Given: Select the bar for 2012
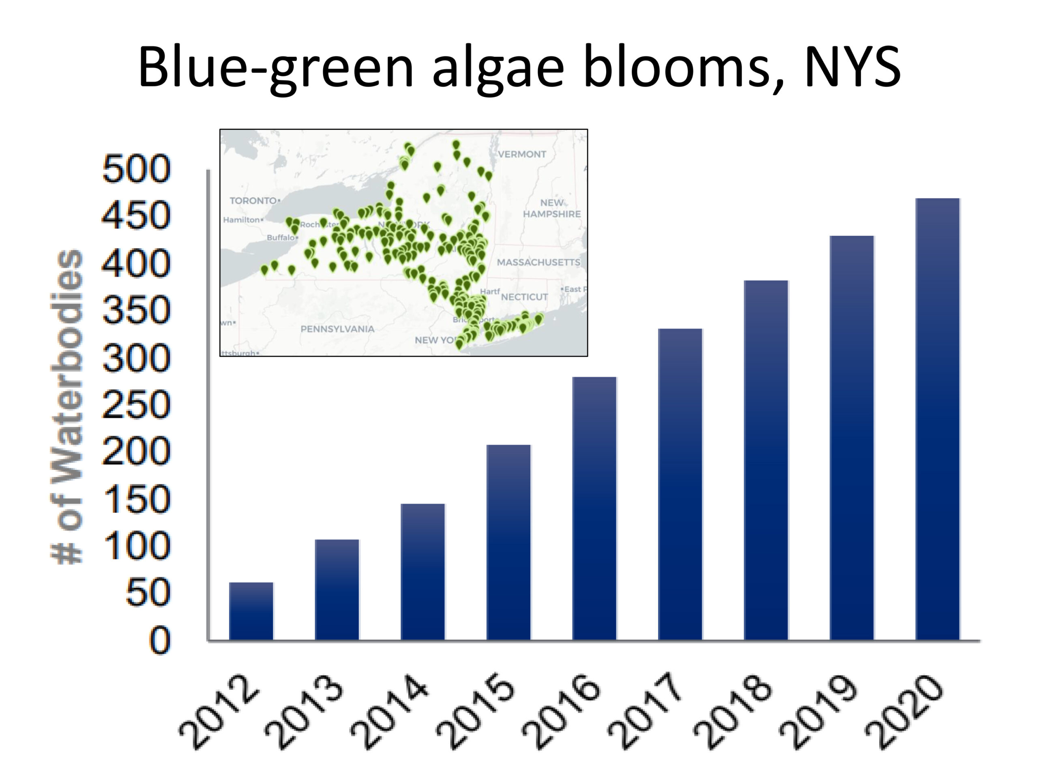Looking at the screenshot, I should click(x=251, y=611).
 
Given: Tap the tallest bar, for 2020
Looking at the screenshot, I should click(x=937, y=419).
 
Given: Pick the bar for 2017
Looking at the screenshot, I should click(x=680, y=484).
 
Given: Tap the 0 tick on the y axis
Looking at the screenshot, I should click(x=159, y=641).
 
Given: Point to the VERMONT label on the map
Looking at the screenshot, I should click(x=522, y=155).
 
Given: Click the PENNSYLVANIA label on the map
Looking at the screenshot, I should click(x=337, y=329).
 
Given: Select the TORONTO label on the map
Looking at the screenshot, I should click(x=253, y=201).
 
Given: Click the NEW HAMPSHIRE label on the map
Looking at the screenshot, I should click(x=552, y=209).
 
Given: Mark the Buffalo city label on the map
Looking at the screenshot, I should click(x=280, y=238).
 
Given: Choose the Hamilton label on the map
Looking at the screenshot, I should click(x=241, y=220).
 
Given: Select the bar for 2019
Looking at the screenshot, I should click(x=852, y=438).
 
